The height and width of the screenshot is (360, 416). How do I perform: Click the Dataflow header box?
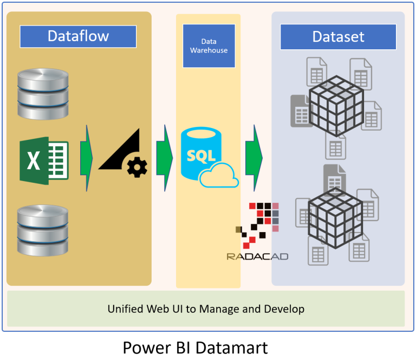click(78, 36)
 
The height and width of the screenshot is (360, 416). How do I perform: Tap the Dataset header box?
click(338, 36)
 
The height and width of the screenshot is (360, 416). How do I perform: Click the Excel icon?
click(44, 160)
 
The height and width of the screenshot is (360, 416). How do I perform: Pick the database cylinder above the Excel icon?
click(43, 93)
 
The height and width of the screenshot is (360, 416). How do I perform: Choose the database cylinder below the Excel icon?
click(43, 230)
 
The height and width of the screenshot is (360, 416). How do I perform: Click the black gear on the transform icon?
click(136, 166)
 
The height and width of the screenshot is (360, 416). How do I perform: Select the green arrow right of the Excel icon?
click(86, 158)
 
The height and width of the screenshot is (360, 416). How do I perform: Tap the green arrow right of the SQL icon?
click(253, 158)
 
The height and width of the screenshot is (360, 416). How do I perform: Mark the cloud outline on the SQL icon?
click(219, 176)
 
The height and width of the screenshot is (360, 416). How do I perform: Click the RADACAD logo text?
click(257, 256)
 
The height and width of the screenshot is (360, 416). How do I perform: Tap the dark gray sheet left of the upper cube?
click(300, 111)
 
